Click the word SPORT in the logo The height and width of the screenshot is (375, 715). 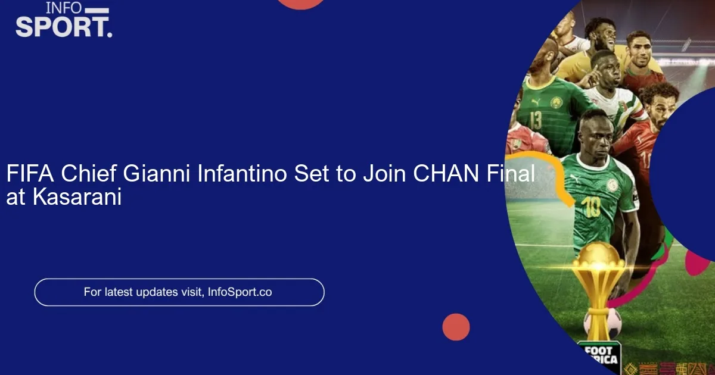(63, 27)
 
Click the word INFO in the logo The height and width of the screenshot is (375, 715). (64, 8)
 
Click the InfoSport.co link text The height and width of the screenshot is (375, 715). (240, 292)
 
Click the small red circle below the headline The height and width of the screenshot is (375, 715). (456, 327)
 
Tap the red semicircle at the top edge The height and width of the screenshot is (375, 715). (301, 3)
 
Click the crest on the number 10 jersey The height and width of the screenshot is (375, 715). (612, 185)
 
